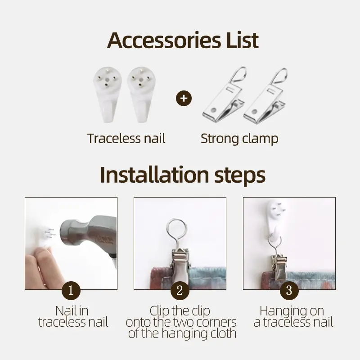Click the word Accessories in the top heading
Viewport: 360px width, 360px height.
(x=164, y=40)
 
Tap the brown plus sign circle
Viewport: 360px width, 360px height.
(x=184, y=98)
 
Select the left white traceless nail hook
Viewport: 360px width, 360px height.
(x=107, y=94)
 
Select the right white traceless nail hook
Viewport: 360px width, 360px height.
(x=141, y=94)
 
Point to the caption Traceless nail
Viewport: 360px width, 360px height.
(x=126, y=139)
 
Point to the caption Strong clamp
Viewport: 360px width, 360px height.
(x=239, y=139)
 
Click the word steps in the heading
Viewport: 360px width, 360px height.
(x=240, y=176)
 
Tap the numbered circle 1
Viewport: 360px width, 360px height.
(x=71, y=290)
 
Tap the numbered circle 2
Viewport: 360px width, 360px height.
(x=180, y=290)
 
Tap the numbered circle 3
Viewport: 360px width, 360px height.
(x=289, y=290)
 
